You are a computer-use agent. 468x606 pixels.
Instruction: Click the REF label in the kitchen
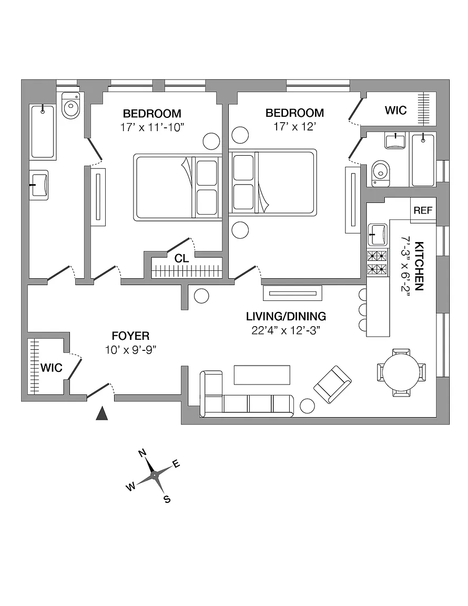423,210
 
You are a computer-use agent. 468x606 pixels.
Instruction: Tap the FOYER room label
130,336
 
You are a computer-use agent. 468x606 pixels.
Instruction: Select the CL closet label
182,258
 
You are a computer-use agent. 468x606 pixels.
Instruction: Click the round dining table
401,372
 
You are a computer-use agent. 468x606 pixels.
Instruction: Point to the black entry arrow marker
102,414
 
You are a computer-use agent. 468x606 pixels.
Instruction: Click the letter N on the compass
142,453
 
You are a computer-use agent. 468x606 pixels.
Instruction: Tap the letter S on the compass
167,499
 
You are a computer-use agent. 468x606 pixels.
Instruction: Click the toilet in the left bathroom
70,107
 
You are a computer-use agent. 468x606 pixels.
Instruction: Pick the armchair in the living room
332,385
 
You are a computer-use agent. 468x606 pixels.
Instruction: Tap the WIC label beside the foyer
52,368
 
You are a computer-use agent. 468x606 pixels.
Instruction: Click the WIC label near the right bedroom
395,110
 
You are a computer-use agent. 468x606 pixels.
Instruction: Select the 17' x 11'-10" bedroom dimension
152,127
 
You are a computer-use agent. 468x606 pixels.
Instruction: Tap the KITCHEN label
420,266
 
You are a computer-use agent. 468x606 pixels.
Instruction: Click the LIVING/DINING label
286,317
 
